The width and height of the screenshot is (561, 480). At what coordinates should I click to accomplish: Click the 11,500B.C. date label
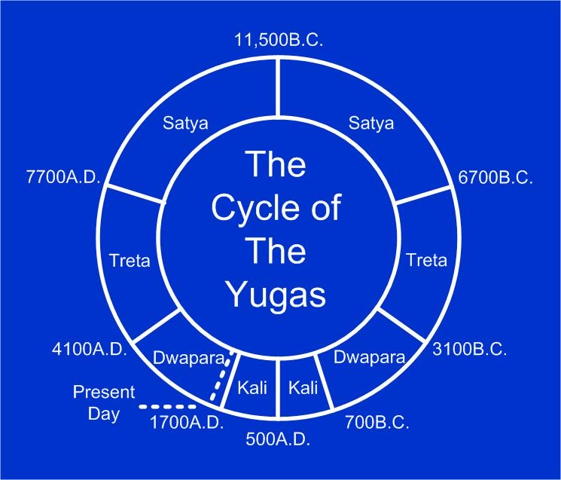click(279, 40)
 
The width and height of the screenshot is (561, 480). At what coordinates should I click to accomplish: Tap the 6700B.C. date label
click(495, 177)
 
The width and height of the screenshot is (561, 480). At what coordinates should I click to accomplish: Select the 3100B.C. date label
click(469, 349)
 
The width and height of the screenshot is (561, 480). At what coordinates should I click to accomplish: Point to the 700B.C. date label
click(377, 423)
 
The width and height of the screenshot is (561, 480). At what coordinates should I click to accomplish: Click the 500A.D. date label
click(278, 439)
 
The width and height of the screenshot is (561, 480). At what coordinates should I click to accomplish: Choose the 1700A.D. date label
click(187, 423)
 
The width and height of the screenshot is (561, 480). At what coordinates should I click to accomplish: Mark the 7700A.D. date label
click(63, 177)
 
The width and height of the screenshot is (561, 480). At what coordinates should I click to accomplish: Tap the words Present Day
click(104, 403)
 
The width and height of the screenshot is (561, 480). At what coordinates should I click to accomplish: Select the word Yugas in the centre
click(277, 294)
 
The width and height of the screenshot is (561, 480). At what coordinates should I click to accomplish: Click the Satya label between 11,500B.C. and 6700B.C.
click(371, 124)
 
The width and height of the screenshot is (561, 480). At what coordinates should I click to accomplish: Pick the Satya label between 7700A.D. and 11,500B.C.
click(185, 124)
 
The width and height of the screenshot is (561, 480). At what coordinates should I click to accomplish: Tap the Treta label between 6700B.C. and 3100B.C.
click(427, 260)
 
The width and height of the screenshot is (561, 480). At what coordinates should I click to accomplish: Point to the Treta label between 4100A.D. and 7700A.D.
click(130, 260)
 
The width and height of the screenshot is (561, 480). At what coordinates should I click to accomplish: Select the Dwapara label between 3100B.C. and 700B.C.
click(369, 358)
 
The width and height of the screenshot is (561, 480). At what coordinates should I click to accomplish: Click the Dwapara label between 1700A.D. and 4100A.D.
click(189, 358)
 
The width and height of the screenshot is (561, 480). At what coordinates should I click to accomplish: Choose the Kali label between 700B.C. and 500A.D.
click(303, 387)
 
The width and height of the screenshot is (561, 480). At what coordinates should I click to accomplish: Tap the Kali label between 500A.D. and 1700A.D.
click(252, 387)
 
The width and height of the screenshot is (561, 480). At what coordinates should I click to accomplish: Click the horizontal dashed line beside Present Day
click(167, 407)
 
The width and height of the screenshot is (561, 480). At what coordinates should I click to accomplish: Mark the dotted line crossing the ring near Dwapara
click(222, 376)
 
